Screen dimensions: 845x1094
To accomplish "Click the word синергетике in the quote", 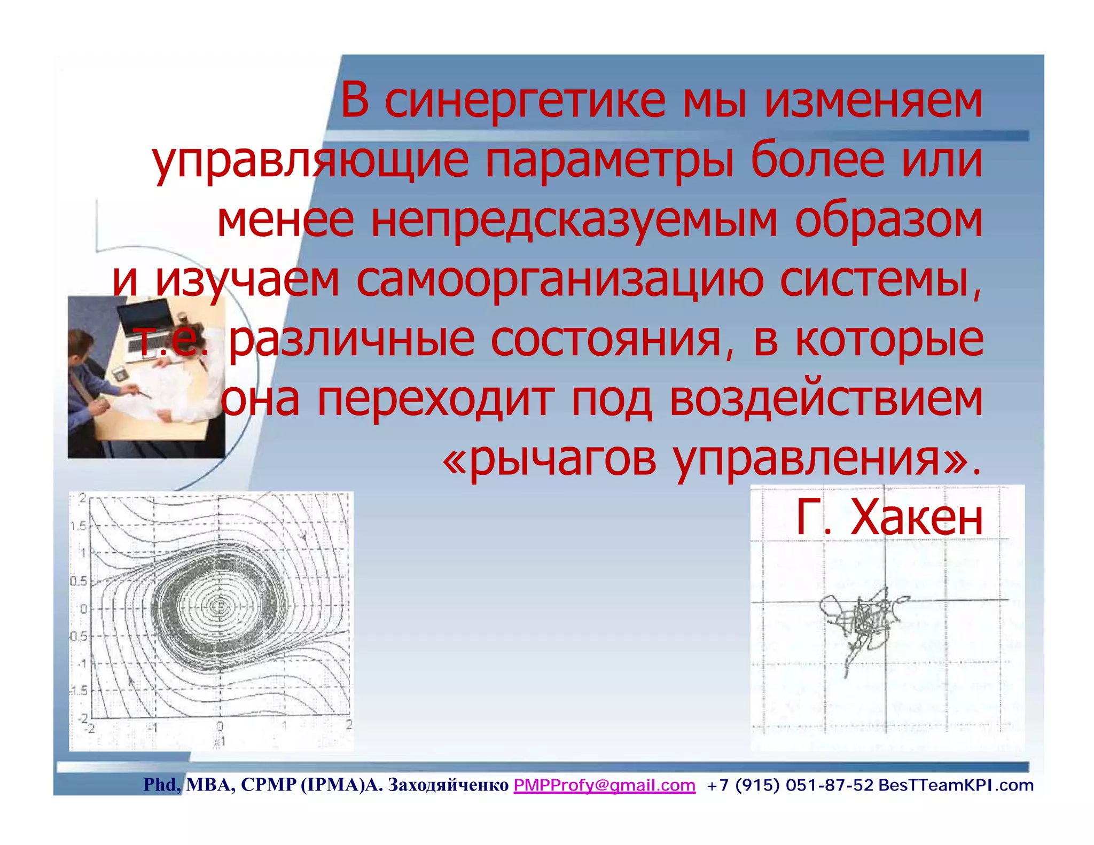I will click(x=525, y=101).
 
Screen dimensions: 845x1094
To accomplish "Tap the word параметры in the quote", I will click(x=609, y=161).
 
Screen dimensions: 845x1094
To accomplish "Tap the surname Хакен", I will click(x=917, y=518).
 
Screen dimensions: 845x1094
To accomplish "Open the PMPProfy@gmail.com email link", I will click(x=604, y=785).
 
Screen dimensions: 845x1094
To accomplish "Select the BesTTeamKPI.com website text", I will click(x=956, y=785).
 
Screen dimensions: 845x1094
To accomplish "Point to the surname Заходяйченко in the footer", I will click(x=448, y=785).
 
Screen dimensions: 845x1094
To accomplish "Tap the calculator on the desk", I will click(x=120, y=374).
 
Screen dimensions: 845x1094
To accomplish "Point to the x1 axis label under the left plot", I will click(x=219, y=741).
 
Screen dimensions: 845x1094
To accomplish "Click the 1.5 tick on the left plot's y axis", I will click(x=78, y=526).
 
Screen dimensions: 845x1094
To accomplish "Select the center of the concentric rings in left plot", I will click(x=218, y=606).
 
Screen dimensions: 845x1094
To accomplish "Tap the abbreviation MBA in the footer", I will click(x=209, y=785).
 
